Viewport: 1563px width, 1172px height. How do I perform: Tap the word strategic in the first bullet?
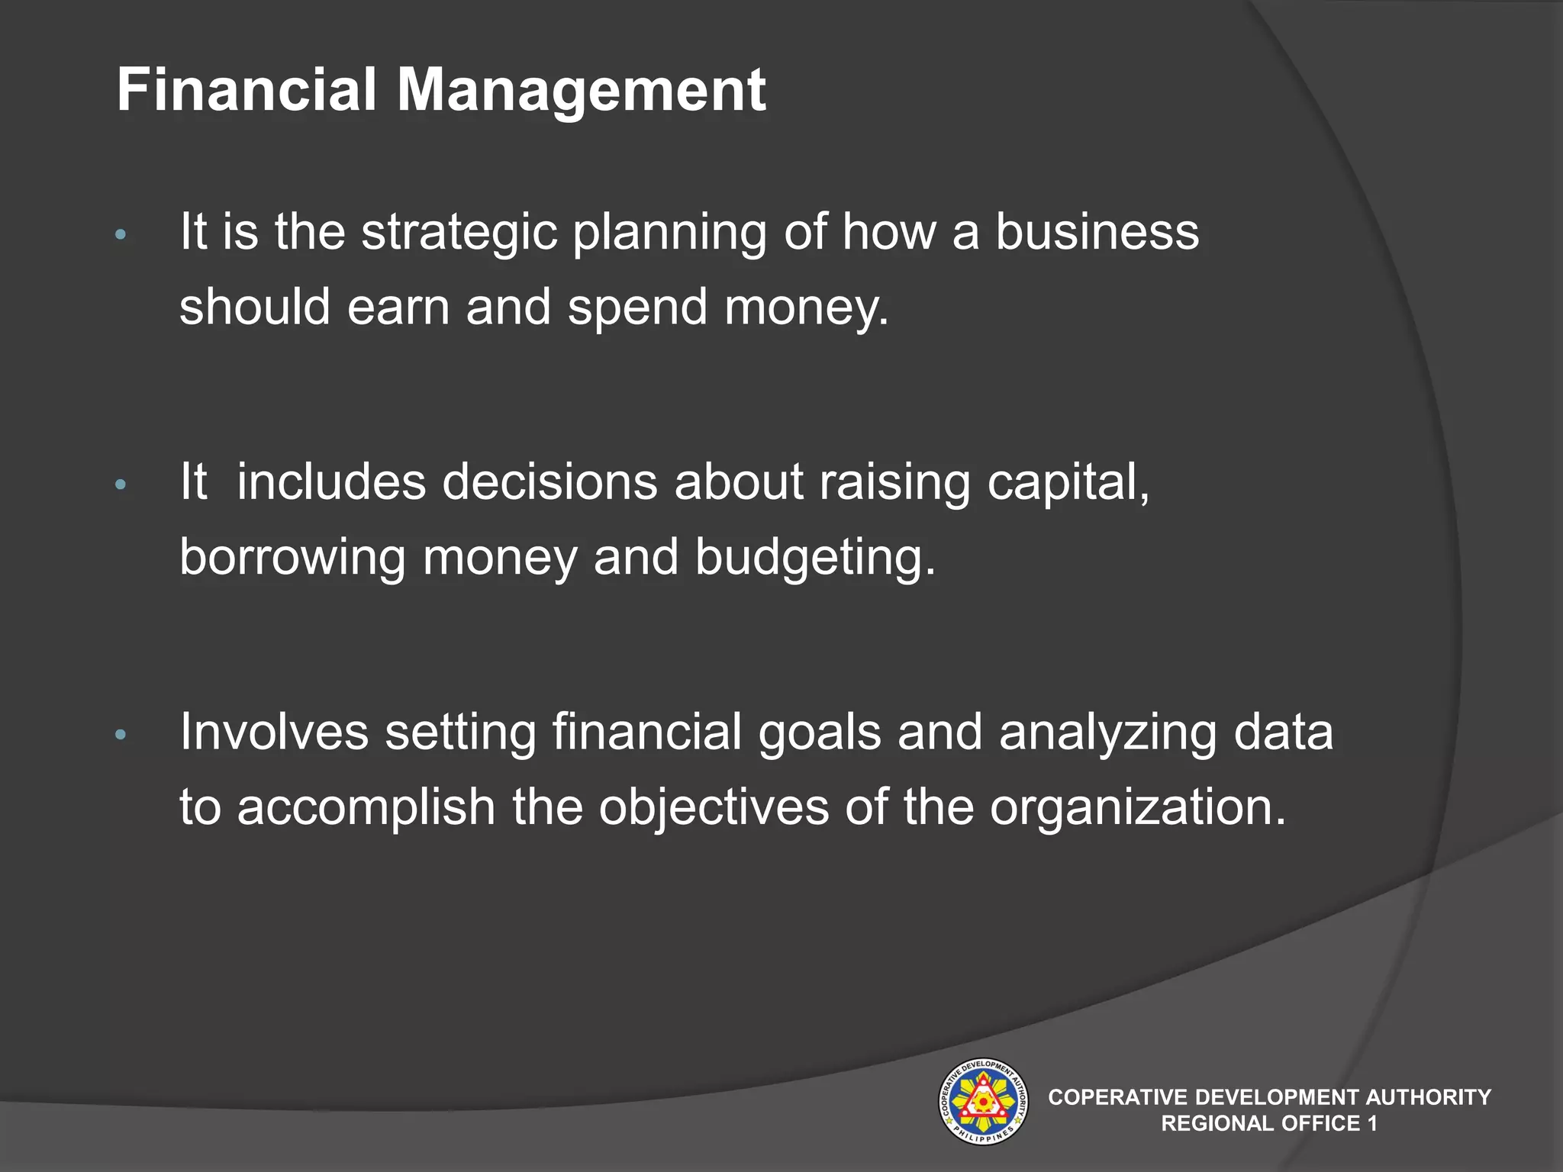459,232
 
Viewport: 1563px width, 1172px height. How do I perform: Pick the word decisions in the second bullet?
549,482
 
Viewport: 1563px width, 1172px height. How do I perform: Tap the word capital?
1068,484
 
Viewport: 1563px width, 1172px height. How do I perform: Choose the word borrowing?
292,558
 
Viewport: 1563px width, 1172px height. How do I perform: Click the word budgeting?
814,558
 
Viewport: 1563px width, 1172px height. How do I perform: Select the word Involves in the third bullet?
273,732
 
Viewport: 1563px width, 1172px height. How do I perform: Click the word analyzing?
1107,733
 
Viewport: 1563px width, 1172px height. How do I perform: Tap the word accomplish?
366,808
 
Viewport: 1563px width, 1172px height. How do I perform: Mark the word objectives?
713,808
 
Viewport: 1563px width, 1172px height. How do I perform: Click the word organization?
1137,808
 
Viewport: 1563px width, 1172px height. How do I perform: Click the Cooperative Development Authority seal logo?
982,1102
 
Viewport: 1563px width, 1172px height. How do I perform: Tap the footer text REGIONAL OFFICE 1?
1268,1123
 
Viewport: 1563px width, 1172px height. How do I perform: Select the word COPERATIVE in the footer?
1117,1097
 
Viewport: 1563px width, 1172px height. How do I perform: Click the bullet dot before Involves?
120,736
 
